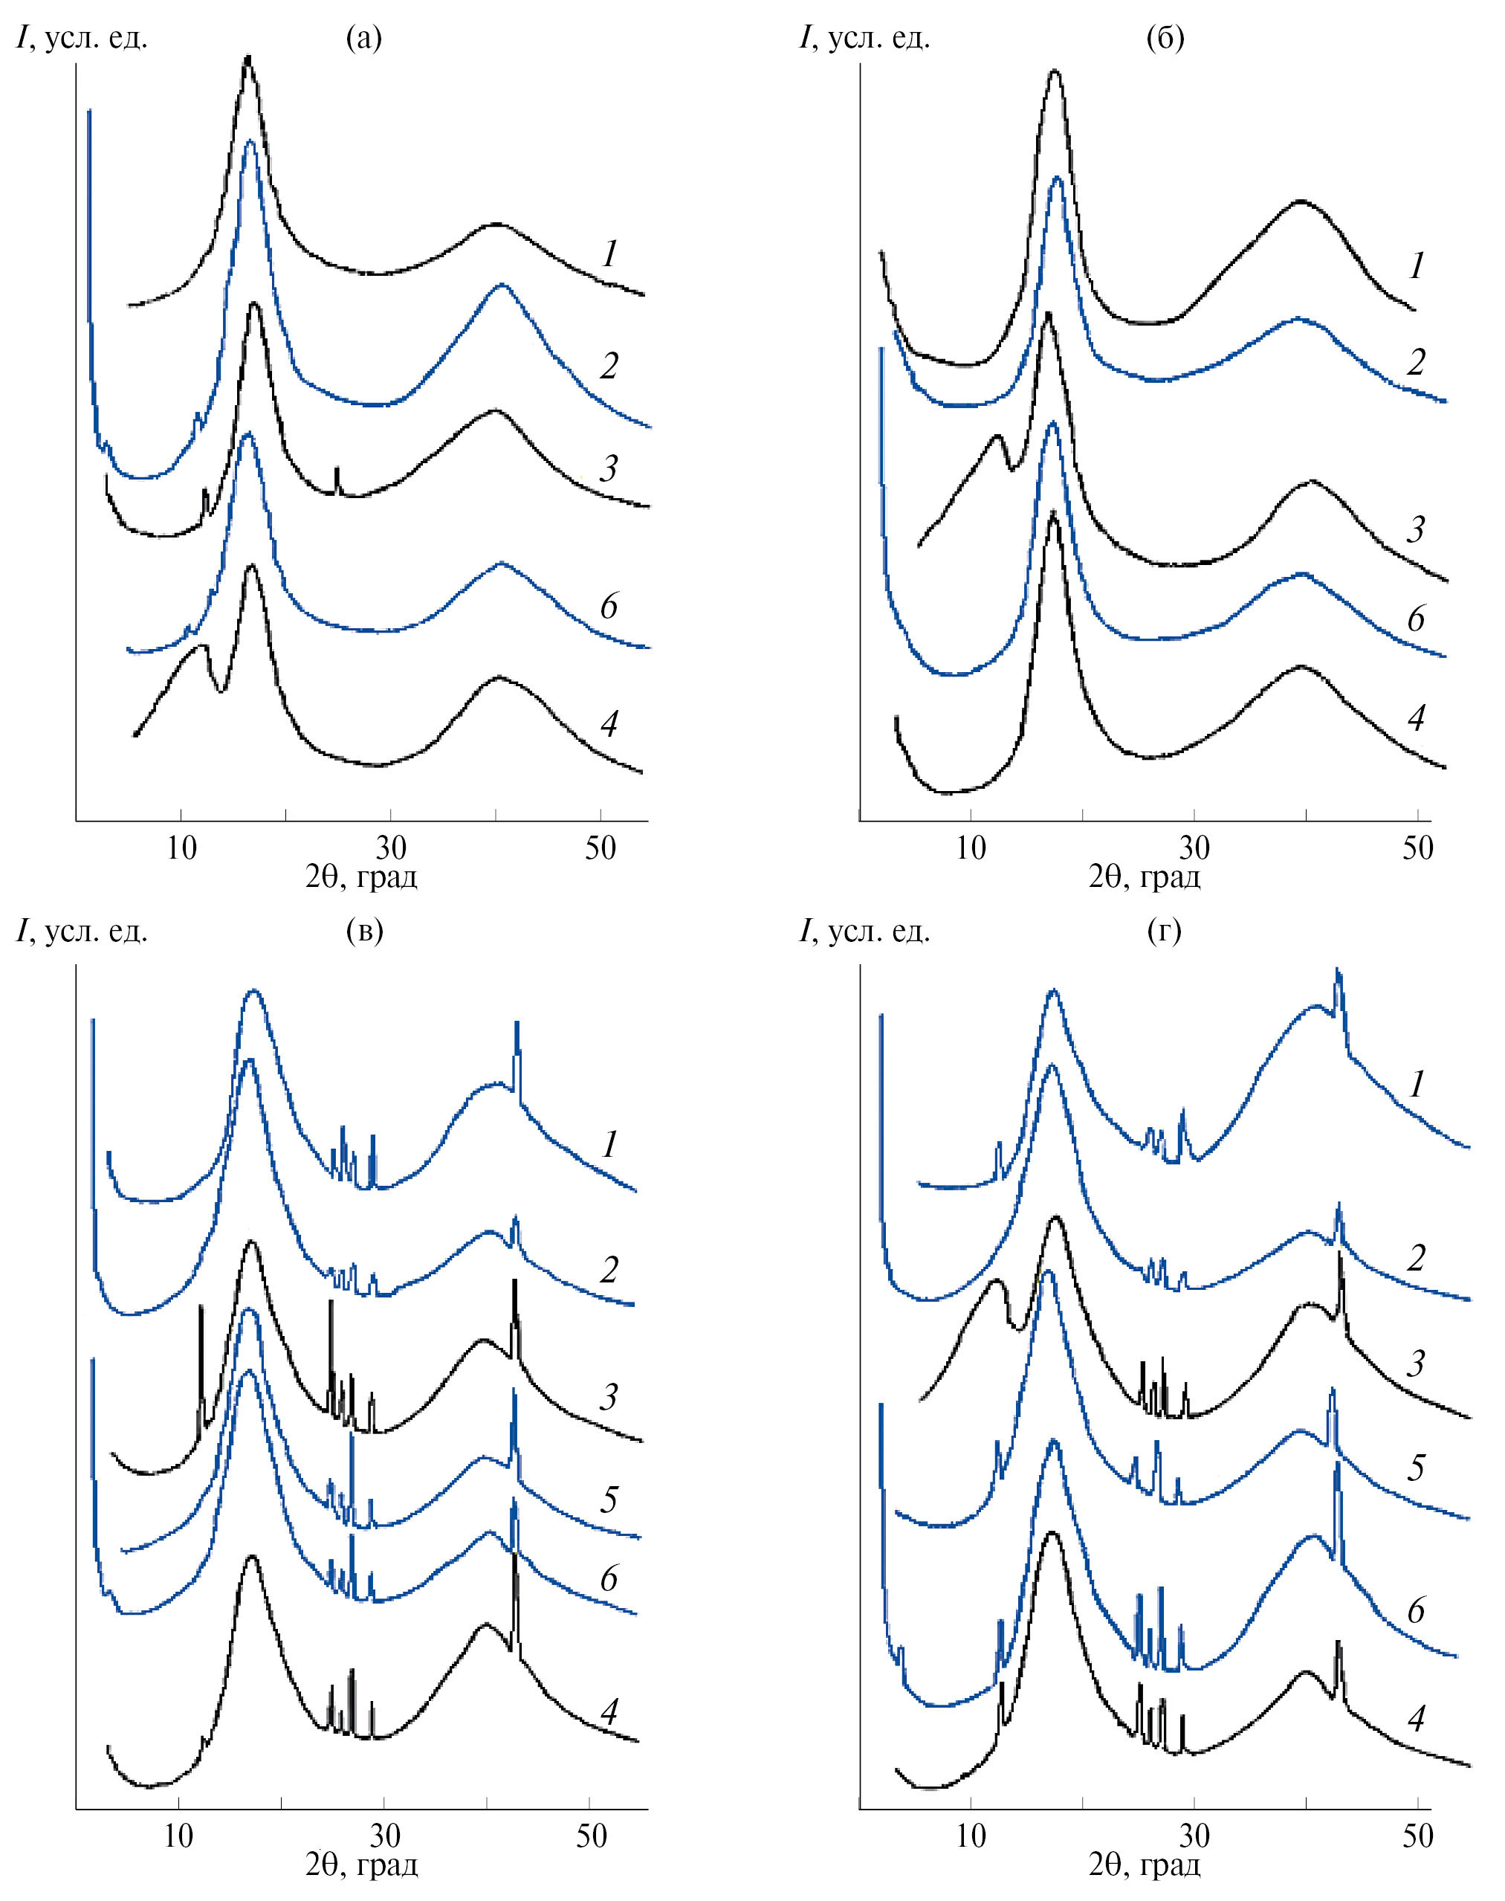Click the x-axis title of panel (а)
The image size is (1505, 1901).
click(361, 878)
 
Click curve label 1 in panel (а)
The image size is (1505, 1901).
click(609, 255)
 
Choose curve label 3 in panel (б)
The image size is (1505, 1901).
click(1416, 529)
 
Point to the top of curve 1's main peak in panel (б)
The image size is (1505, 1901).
click(1055, 71)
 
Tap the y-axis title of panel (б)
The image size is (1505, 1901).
click(864, 38)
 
